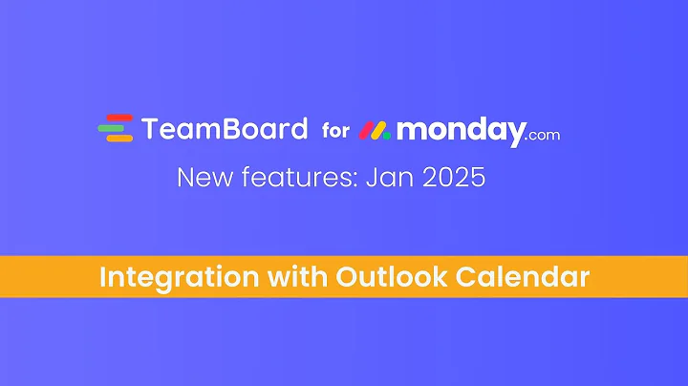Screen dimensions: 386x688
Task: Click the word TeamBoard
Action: [x=225, y=129]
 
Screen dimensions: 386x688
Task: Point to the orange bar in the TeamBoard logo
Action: [x=118, y=139]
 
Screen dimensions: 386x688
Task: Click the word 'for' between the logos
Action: [x=335, y=130]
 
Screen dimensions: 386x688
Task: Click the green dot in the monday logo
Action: [x=386, y=135]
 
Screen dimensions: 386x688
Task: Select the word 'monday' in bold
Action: [x=461, y=131]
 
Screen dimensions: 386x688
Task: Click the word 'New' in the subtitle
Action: [x=201, y=178]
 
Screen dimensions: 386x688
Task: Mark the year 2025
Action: [x=452, y=178]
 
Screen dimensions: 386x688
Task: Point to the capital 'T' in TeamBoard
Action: [x=151, y=129]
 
